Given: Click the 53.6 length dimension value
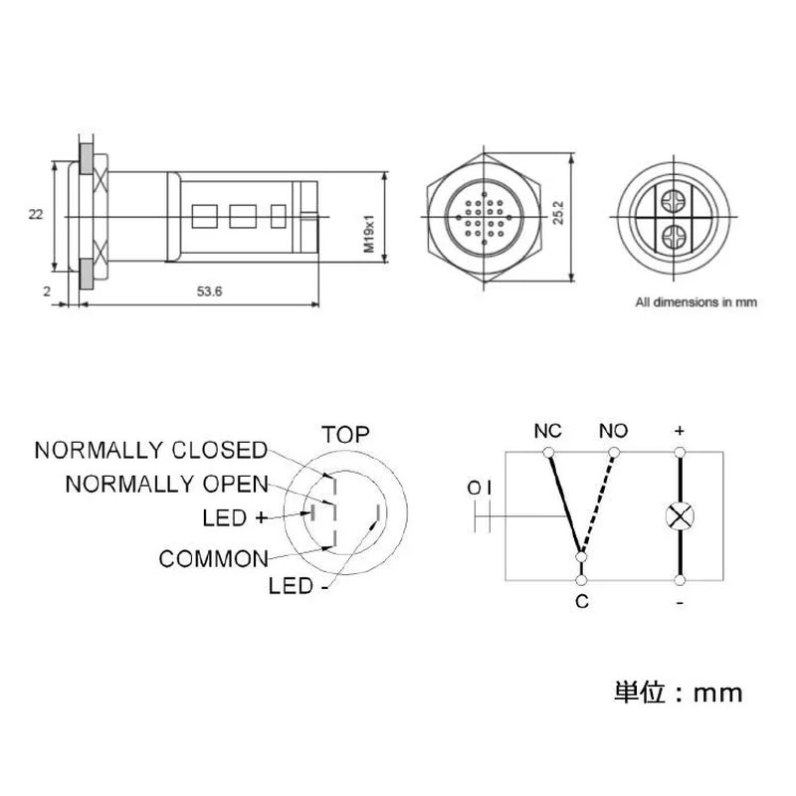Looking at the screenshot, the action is [209, 292].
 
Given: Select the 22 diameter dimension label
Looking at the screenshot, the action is [36, 215].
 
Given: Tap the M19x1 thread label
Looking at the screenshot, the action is [369, 233].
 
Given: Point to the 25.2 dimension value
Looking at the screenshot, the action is [558, 212].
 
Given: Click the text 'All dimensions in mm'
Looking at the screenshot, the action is [696, 302].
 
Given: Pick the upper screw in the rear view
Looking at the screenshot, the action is [674, 202].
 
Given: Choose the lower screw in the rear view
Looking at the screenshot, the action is [674, 237].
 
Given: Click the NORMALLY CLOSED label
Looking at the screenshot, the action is [151, 450].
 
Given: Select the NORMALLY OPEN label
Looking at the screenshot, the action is [166, 484].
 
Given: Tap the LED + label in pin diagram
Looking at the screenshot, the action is [235, 517].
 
